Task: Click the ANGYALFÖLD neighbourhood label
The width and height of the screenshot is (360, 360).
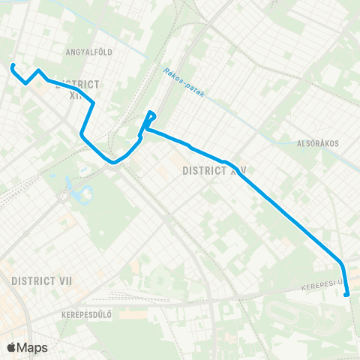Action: (x=88, y=52)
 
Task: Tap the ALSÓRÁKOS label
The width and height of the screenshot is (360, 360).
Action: (x=318, y=143)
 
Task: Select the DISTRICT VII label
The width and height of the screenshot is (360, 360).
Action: (x=41, y=280)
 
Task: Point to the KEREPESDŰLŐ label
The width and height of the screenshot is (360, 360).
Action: (x=87, y=313)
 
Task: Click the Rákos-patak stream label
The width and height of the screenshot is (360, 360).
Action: (x=182, y=83)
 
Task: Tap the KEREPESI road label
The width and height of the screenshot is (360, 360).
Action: (x=323, y=286)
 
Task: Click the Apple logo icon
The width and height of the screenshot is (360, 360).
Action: (x=11, y=347)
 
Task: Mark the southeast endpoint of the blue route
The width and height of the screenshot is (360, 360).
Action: (x=346, y=295)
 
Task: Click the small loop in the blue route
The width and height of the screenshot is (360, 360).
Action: (x=150, y=116)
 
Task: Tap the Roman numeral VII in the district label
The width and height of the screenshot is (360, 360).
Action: (x=63, y=280)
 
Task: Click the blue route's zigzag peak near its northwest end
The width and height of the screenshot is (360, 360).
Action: (x=38, y=71)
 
